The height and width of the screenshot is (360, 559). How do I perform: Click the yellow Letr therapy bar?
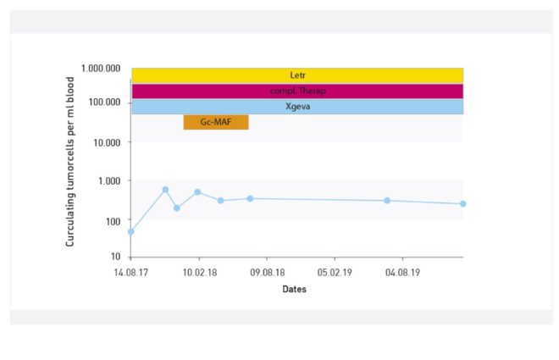297,75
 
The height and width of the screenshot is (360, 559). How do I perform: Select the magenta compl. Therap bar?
297,91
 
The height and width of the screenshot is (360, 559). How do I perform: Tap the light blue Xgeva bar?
297,107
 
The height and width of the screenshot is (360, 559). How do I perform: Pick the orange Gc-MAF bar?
216,123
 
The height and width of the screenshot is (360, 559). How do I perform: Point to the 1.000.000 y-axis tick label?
101,69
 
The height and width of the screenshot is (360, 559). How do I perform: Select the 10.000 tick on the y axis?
107,141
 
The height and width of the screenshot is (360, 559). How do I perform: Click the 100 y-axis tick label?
113,219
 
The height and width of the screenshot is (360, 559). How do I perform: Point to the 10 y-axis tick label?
115,257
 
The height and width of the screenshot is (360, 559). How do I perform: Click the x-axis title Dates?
295,289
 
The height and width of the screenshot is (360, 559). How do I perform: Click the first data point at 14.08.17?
130,231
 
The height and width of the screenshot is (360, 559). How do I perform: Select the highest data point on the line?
165,190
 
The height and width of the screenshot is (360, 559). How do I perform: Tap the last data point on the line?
463,204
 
